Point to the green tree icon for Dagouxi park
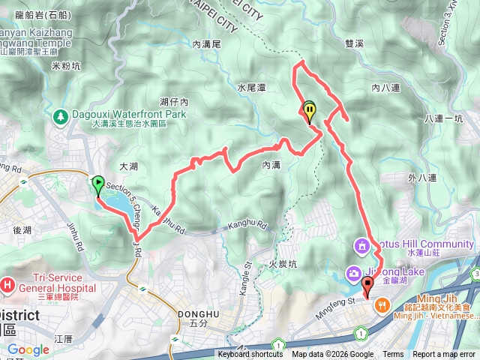click(x=60, y=115)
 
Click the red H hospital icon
click(x=7, y=285)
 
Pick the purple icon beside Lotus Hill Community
click(x=362, y=245)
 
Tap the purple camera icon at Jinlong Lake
click(x=351, y=272)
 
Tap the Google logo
click(x=28, y=349)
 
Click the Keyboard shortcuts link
click(x=250, y=355)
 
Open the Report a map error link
click(x=444, y=355)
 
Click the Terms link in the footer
click(x=393, y=355)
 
